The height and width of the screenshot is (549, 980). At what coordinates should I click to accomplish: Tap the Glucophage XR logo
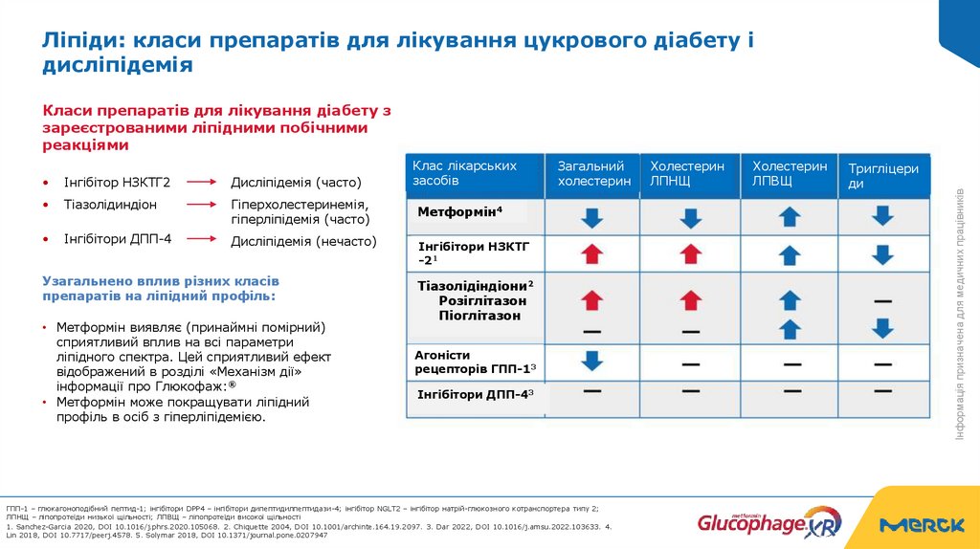click(x=768, y=522)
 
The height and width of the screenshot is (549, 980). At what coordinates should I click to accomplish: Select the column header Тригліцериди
click(x=883, y=176)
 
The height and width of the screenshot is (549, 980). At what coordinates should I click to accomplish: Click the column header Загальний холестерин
click(x=593, y=174)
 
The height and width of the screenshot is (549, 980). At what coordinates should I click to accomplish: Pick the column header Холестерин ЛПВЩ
click(x=789, y=173)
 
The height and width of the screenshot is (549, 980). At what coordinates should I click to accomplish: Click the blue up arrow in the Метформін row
click(x=789, y=217)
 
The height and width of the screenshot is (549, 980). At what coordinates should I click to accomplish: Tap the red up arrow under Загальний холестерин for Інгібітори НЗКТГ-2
click(x=592, y=253)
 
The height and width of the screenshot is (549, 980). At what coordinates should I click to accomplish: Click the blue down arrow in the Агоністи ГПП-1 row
click(x=592, y=362)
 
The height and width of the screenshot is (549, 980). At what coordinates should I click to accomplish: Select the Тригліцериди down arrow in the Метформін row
click(x=882, y=217)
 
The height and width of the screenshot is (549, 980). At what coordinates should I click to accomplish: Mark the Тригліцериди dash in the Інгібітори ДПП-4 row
click(x=882, y=391)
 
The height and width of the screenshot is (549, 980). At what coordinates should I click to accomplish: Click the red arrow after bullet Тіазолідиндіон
click(x=203, y=205)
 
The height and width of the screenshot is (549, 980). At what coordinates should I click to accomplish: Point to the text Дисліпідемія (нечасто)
click(x=303, y=242)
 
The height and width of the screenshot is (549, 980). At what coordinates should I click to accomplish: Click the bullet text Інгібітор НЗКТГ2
click(x=116, y=182)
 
